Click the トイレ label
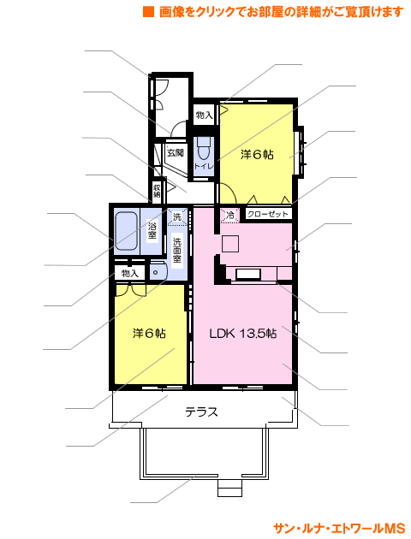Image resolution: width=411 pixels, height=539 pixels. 204,166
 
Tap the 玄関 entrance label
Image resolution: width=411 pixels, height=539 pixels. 176,152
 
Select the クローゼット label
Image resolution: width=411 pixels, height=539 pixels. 268,214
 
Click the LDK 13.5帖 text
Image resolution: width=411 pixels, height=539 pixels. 243,333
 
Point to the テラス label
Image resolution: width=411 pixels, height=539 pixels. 202,412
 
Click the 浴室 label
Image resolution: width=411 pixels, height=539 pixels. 152,231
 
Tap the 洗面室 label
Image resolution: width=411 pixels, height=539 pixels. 176,250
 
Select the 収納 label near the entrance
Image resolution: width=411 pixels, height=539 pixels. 157,191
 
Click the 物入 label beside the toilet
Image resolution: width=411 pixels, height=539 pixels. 205,115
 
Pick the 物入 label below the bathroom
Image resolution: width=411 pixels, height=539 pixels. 130,273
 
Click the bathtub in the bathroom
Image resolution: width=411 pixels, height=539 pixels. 126,231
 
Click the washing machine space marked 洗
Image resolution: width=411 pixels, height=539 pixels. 177,217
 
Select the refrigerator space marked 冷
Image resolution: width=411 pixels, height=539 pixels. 229,216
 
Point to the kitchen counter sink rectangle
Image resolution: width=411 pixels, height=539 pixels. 247,274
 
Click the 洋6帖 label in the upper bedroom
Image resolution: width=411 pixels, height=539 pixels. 257,155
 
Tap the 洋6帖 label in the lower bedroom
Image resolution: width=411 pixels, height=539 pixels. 149,333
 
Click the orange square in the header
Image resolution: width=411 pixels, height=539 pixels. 149,11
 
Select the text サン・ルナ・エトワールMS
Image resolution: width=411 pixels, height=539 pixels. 339,529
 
